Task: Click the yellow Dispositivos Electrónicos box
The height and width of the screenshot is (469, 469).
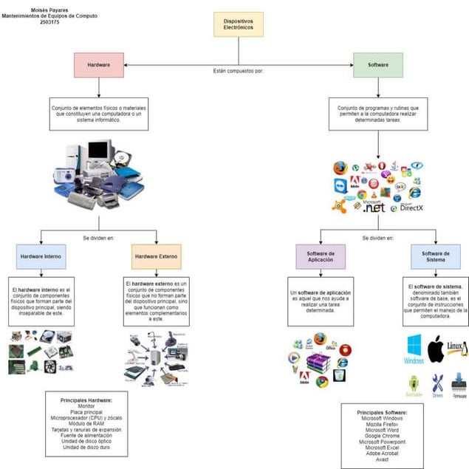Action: point(238,25)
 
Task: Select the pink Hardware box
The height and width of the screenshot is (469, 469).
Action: point(99,65)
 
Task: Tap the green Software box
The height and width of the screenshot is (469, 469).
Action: point(377,65)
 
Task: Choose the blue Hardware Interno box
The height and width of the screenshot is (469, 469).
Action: point(41,256)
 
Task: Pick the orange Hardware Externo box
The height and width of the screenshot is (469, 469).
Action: point(157,256)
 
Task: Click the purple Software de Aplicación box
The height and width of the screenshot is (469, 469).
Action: point(321,256)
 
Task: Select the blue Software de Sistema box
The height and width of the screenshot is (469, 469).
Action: point(436,256)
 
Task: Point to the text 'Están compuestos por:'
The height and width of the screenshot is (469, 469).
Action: point(238,72)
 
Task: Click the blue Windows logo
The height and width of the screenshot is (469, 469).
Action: point(414,348)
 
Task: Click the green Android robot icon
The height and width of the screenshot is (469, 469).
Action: point(414,384)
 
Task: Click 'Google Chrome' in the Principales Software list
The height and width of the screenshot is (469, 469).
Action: point(381,434)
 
